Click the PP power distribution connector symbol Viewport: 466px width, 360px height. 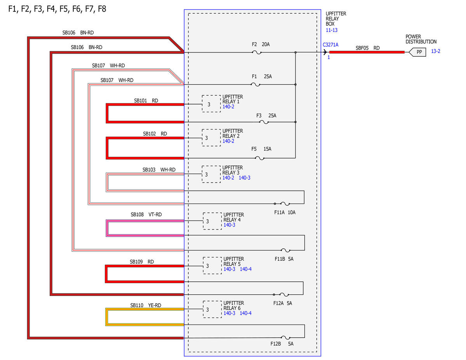tap(417, 52)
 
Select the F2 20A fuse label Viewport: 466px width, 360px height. tap(261, 44)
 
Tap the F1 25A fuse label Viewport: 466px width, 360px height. tap(262, 77)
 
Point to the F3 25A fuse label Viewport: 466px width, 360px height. tap(266, 116)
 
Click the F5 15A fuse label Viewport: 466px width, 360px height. tap(261, 149)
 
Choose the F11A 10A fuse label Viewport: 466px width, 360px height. tap(285, 212)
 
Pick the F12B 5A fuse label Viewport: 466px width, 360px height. tap(282, 344)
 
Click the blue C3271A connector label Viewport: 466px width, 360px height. tap(330, 45)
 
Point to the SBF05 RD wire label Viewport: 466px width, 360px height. tap(368, 48)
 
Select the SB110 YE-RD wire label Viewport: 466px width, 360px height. tap(146, 305)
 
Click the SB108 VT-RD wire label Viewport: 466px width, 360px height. tap(146, 215)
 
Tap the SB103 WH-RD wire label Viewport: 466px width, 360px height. tap(159, 170)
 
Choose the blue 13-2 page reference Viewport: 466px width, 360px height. tap(436, 51)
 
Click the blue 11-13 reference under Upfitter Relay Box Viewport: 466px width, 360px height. tap(332, 30)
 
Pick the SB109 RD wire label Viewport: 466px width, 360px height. tap(142, 262)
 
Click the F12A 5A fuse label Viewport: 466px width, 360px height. tap(283, 303)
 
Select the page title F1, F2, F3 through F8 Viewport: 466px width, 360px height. tap(57, 9)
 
